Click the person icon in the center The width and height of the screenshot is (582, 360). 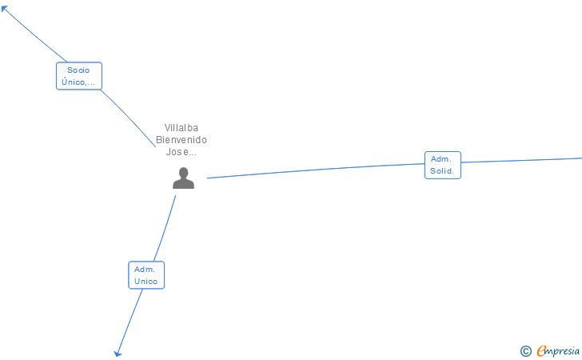pos(183,178)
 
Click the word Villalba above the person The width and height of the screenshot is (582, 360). pos(181,127)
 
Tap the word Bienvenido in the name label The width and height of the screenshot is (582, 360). pos(181,139)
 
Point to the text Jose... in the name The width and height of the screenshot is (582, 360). pos(181,151)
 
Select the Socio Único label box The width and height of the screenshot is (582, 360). pos(78,76)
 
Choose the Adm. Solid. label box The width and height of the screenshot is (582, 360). pos(442,165)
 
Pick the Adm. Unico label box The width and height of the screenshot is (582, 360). pos(146,275)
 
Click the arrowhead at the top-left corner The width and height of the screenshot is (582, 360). pos(5,9)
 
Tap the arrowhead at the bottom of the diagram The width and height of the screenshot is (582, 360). pos(118,352)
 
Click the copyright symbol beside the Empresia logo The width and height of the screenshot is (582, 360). pos(525,350)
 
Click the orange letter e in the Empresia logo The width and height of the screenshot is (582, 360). pos(541,350)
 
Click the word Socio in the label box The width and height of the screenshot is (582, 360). pos(78,70)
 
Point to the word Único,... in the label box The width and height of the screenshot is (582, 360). pos(78,82)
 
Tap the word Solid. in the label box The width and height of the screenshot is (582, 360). pos(442,171)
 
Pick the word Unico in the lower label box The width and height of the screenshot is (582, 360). pos(146,282)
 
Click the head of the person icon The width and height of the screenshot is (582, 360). pos(183,172)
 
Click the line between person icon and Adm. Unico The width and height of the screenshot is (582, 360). pos(164,229)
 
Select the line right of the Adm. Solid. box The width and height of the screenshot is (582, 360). pos(520,161)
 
